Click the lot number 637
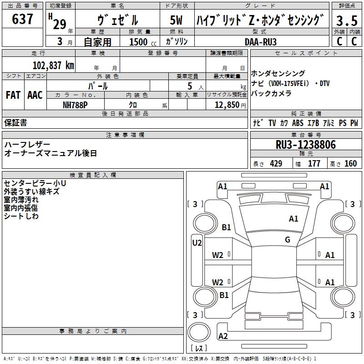click(22, 19)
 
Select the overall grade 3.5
click(347, 20)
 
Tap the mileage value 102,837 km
click(53, 66)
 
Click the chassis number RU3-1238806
click(306, 145)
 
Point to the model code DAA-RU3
click(261, 42)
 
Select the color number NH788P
click(75, 105)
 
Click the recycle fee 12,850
click(227, 105)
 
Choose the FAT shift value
click(13, 95)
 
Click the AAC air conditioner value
click(35, 95)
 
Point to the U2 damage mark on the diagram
click(197, 243)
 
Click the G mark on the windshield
click(288, 240)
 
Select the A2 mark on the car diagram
click(223, 336)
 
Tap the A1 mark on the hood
click(293, 219)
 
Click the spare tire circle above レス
click(199, 332)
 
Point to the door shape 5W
click(176, 20)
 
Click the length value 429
click(276, 164)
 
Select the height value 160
click(350, 164)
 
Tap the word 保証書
click(15, 123)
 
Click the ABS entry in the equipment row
click(298, 123)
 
